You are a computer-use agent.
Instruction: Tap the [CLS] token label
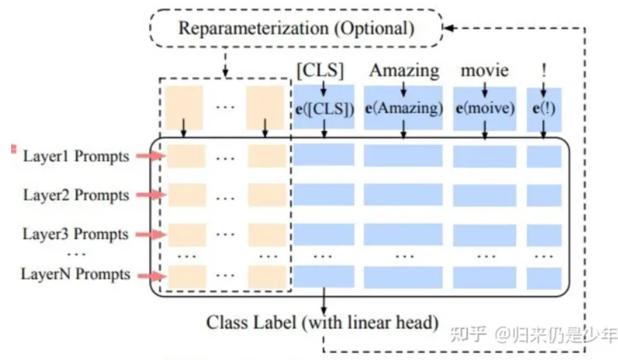pyautogui.click(x=320, y=70)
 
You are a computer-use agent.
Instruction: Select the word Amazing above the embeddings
pyautogui.click(x=404, y=70)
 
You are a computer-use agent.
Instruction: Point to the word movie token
pyautogui.click(x=485, y=70)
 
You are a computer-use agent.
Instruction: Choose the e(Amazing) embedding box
pyautogui.click(x=404, y=108)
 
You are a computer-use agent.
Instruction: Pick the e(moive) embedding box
pyautogui.click(x=485, y=108)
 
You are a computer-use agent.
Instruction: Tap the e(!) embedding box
pyautogui.click(x=544, y=108)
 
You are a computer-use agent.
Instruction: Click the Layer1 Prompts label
pyautogui.click(x=76, y=156)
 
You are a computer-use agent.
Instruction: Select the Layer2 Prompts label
pyautogui.click(x=76, y=196)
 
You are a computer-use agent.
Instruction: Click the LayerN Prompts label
pyautogui.click(x=75, y=274)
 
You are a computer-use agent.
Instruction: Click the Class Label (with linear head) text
pyautogui.click(x=323, y=322)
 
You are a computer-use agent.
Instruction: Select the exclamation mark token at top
pyautogui.click(x=544, y=70)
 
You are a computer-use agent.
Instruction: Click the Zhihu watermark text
pyautogui.click(x=532, y=335)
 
